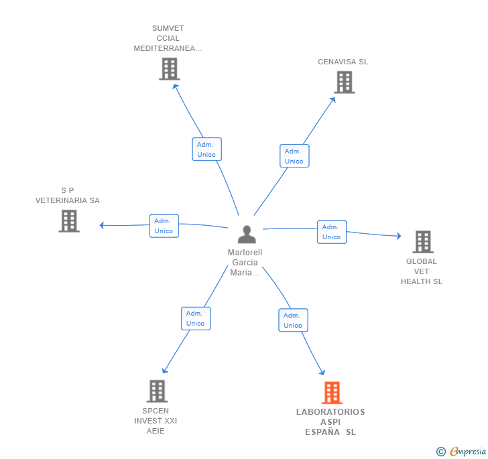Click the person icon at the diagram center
coord(247,235)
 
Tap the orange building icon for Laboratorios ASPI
coord(332,393)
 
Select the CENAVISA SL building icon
coord(345,82)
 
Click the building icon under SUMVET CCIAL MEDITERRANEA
coord(170,69)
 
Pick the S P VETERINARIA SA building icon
coord(69,221)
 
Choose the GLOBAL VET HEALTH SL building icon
coord(423,242)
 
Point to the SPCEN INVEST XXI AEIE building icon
coord(157,391)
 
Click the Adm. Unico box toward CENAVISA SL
coord(294,156)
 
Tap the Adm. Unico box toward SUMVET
coord(206,149)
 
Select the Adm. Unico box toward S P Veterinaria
coord(164,226)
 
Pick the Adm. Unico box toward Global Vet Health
coord(332,232)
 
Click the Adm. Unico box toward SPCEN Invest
coord(196,318)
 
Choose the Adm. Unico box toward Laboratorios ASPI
coord(293,320)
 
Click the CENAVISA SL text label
coord(343,62)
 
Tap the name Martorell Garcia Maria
coord(245,262)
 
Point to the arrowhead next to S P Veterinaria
coord(101,225)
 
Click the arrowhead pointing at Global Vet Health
coord(399,236)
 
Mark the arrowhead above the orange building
coord(322,372)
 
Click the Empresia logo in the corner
coord(468,451)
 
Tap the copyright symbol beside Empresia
coord(440,451)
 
